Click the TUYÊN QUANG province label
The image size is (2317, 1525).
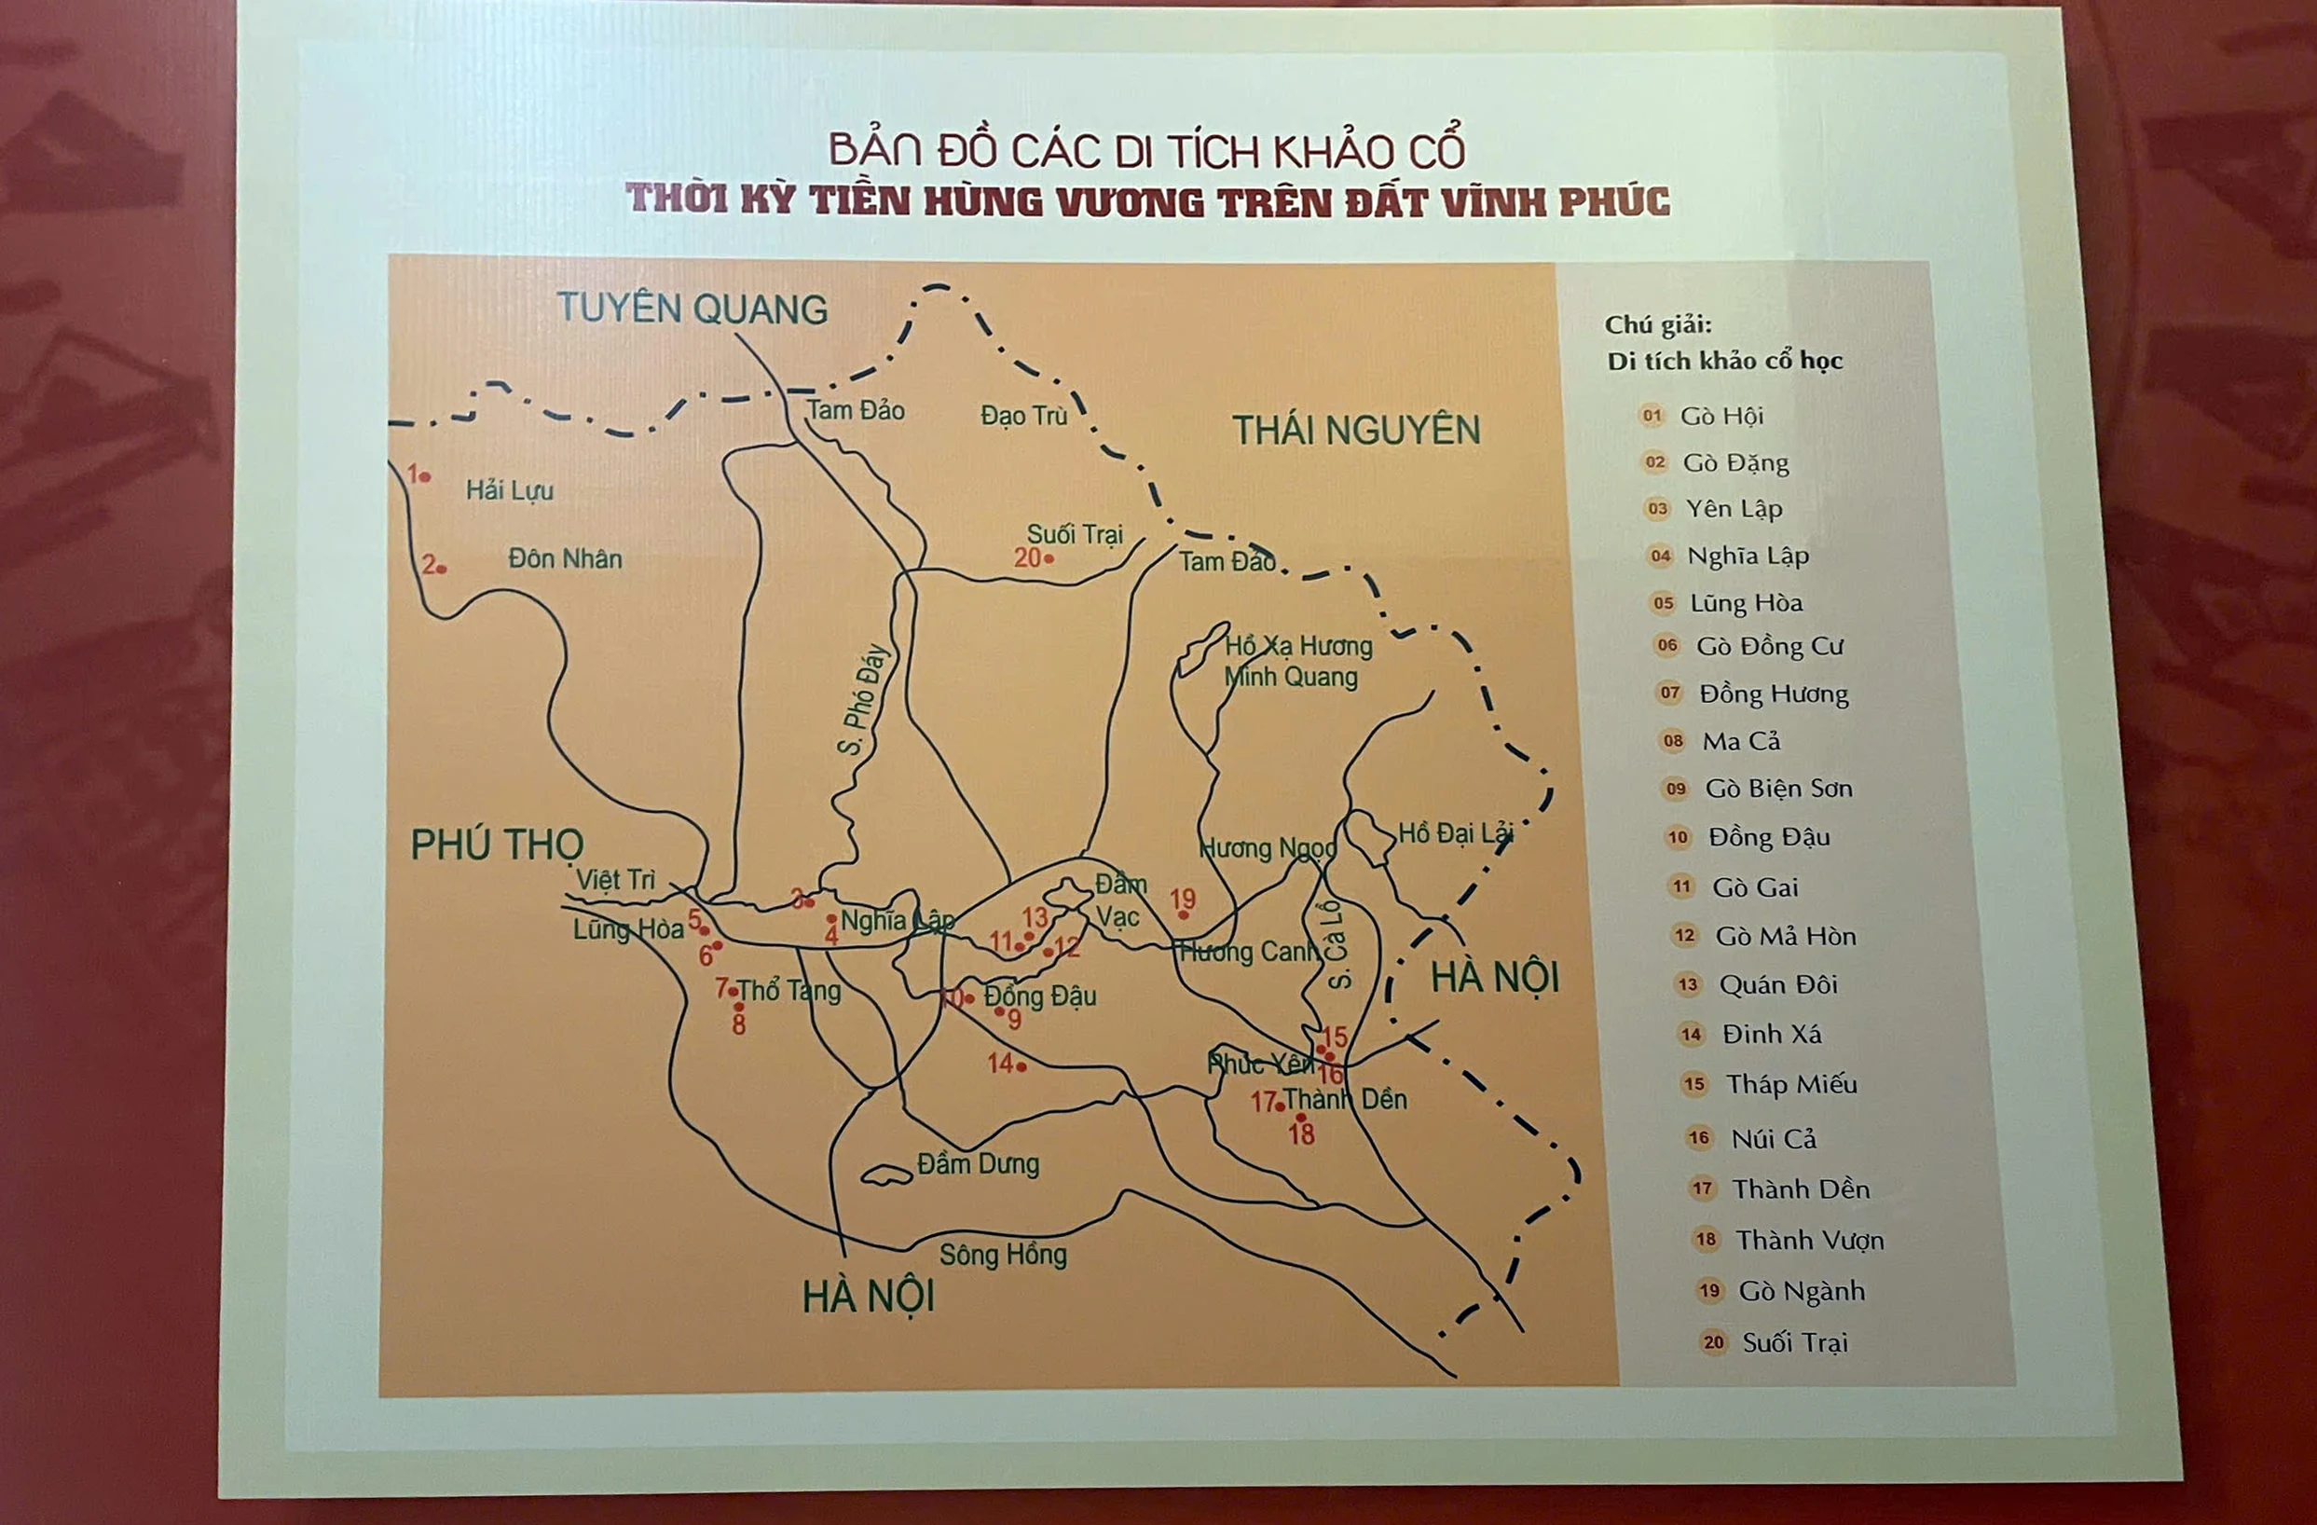692,309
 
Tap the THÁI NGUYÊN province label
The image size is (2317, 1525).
1356,431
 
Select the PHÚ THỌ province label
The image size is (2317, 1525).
497,845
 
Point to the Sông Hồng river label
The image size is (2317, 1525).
1003,1255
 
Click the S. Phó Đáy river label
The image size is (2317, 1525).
865,698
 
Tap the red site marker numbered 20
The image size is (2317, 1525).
1049,559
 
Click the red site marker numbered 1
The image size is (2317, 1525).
424,476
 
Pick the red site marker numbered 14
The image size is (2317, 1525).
1021,1066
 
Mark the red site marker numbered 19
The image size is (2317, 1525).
1183,914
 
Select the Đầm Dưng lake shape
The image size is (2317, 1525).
886,1176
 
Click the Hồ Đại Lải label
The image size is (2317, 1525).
1456,833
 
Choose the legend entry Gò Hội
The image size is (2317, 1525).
1721,416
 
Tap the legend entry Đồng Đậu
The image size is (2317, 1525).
1769,837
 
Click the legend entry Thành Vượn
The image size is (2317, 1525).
1809,1240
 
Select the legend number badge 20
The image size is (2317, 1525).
1713,1342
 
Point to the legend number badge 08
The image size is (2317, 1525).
1673,740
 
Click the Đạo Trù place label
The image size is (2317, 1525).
1024,416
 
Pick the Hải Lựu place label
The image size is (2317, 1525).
509,489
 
